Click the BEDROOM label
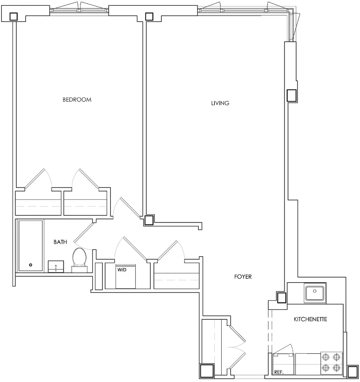[77, 100]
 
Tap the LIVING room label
[220, 103]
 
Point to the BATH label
[60, 242]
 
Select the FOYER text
[243, 277]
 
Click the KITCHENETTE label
[310, 319]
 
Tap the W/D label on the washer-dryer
[122, 270]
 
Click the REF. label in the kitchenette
[279, 372]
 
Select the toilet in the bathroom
[79, 260]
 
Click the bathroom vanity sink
[56, 267]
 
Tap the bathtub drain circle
[31, 265]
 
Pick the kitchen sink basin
[315, 293]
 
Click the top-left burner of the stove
[326, 358]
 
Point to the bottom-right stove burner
[337, 367]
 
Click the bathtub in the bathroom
[31, 245]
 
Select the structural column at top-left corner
[14, 16]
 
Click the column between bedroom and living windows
[149, 16]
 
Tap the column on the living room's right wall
[292, 96]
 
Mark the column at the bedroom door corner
[149, 220]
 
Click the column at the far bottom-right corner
[353, 372]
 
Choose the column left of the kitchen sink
[282, 297]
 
